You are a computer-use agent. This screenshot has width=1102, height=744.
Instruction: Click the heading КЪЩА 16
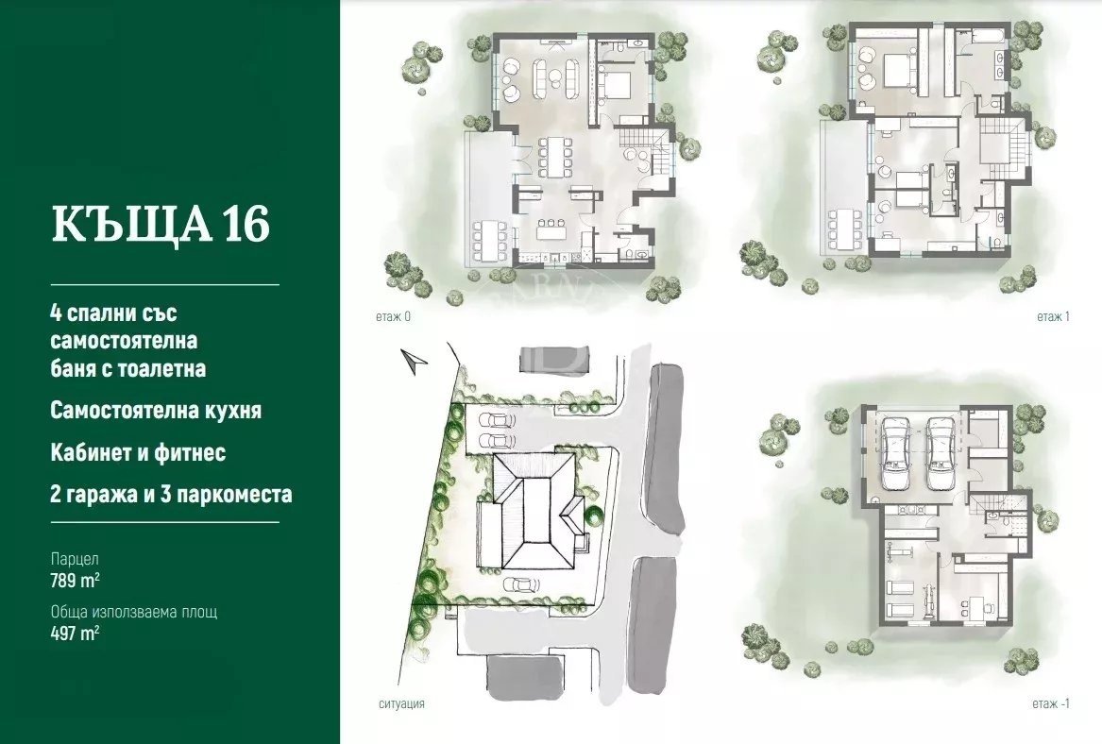point(161,225)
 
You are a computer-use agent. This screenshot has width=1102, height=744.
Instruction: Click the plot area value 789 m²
point(75,581)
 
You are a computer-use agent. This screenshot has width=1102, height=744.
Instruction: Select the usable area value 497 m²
point(75,633)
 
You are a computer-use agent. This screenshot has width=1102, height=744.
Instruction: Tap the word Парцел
point(75,559)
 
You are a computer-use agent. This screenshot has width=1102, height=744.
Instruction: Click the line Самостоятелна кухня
point(155,411)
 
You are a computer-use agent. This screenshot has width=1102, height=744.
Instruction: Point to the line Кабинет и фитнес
point(138,452)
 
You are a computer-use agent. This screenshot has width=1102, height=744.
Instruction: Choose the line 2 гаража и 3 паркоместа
point(171,494)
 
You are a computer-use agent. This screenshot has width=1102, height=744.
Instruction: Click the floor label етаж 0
point(393,316)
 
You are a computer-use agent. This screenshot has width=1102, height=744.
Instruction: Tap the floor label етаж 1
point(1053,316)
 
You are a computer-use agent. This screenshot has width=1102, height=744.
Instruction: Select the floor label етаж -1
point(1051,703)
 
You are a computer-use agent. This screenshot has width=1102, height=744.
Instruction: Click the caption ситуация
point(401,703)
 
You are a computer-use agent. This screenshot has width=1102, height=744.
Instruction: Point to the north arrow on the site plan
point(414,361)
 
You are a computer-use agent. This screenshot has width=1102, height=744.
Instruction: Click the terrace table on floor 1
point(842,229)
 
